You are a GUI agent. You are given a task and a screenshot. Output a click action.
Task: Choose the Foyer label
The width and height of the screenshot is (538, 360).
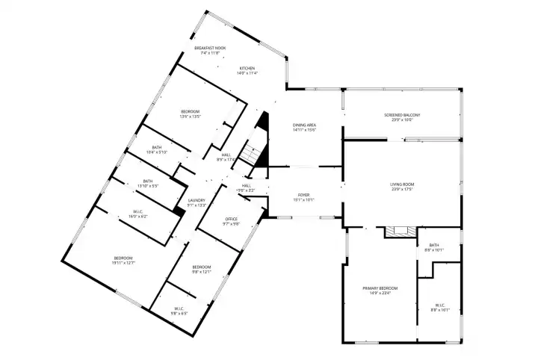303,197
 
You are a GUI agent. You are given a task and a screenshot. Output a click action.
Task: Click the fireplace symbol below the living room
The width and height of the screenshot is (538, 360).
400,232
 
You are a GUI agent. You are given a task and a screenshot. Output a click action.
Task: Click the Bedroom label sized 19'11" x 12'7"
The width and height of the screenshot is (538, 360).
103,260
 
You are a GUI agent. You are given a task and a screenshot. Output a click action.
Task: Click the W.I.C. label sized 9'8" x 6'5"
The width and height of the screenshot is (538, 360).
179,311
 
